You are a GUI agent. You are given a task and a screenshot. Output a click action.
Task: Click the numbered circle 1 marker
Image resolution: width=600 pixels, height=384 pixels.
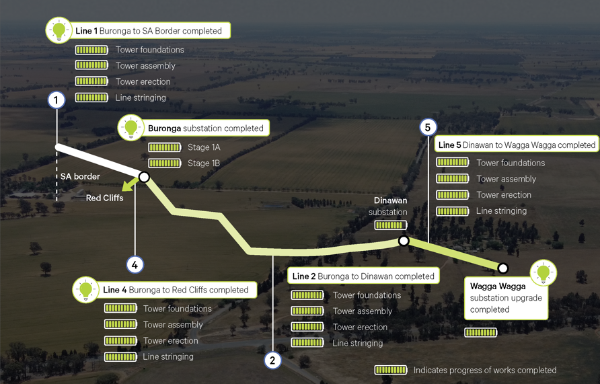coord(57,100)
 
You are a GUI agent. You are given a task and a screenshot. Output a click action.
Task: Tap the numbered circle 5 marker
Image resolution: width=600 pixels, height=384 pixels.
coord(428,127)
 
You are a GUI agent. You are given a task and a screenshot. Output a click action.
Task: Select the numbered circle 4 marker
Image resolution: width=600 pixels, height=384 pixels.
coord(135,265)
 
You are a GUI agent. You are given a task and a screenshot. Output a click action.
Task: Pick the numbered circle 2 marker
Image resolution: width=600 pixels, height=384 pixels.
coord(272,360)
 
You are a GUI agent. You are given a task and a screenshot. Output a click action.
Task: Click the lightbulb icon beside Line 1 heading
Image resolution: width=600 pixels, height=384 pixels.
coord(59,30)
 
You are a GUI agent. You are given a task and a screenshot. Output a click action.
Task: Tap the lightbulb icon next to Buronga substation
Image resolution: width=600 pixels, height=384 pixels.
coord(131,127)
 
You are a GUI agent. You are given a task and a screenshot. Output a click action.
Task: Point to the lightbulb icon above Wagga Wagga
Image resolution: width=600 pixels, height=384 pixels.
coord(543,272)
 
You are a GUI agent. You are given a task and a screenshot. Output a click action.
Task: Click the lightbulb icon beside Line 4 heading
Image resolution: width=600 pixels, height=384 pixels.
coord(86,290)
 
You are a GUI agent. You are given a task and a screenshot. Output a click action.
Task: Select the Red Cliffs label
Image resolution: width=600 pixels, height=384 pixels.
coord(104,198)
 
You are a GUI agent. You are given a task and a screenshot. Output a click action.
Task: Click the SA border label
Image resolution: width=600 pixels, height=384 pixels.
coord(80,177)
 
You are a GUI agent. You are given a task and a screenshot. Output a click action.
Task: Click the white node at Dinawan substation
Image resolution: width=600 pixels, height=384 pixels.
coord(404,241)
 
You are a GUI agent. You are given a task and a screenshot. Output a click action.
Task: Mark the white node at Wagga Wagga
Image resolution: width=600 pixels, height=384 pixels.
coord(502,268)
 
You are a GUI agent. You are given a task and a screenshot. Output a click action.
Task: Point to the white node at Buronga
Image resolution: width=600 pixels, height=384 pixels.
coord(143,177)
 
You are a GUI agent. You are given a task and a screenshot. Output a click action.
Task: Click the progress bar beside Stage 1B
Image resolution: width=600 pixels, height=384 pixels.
coord(165,163)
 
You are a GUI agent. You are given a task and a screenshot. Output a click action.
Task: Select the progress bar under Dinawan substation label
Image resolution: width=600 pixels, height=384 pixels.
coord(390,225)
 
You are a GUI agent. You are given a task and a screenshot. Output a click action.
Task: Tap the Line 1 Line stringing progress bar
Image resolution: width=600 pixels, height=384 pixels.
coord(91,98)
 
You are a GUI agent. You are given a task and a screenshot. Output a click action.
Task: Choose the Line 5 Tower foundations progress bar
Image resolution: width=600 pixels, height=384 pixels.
coord(452,163)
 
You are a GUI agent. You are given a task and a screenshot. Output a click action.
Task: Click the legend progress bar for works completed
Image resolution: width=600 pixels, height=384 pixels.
coord(390,370)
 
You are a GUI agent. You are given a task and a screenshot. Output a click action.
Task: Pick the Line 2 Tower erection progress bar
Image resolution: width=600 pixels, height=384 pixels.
coord(307,327)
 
